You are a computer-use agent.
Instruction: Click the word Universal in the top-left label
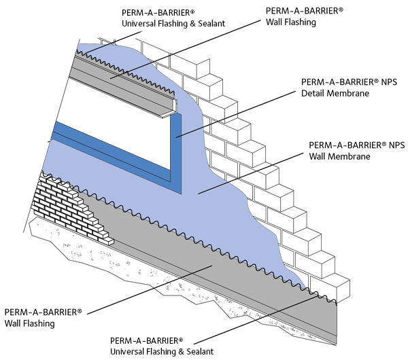coord(141,24)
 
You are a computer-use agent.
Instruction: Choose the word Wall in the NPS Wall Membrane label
coord(320,156)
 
